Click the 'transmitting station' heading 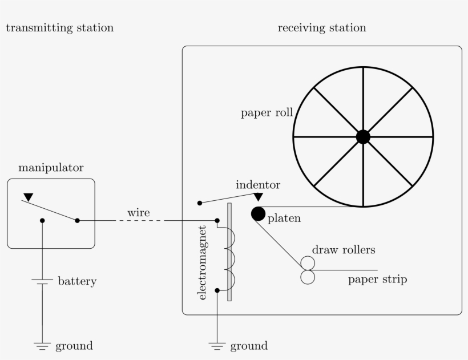click(59, 28)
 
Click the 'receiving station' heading click(322, 28)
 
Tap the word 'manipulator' click(51, 168)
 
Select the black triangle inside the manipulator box click(27, 197)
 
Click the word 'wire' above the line click(139, 213)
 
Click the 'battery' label click(77, 281)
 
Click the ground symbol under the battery click(42, 345)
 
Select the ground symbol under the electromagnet click(217, 345)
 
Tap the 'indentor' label click(258, 185)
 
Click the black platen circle click(258, 213)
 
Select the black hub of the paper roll click(363, 137)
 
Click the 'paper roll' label click(267, 113)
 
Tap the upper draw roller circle click(308, 262)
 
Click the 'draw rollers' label click(344, 250)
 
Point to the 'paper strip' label click(377, 280)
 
